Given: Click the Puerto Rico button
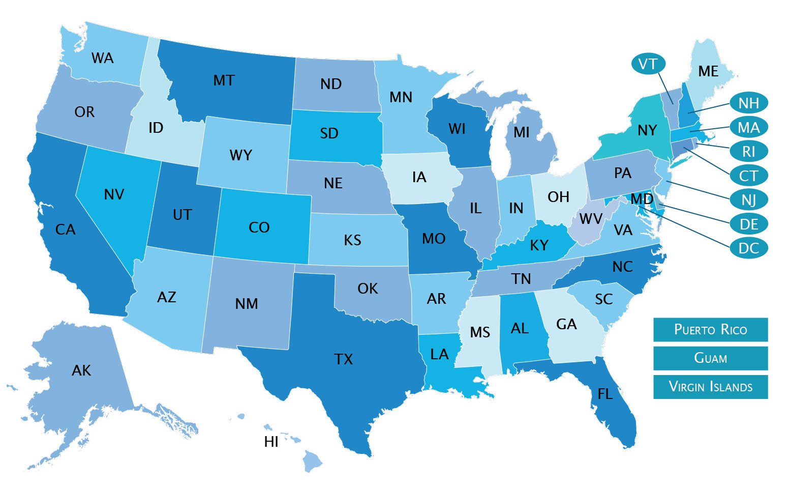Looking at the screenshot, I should click(x=710, y=330).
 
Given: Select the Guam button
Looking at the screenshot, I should click(x=710, y=358).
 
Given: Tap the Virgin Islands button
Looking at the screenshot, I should click(x=710, y=387).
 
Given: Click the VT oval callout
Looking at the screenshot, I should click(x=648, y=64).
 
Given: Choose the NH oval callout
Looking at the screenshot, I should click(x=748, y=103).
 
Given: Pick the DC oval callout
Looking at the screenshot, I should click(x=748, y=248).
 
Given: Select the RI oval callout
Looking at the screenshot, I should click(x=748, y=152).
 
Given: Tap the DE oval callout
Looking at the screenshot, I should click(x=748, y=224).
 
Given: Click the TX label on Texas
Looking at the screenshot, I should click(x=344, y=360).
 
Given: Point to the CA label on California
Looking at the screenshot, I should click(x=65, y=230).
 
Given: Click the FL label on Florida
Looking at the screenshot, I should click(x=605, y=394).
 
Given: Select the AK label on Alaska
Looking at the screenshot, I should click(x=81, y=370).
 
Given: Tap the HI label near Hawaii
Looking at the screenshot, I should click(x=271, y=442).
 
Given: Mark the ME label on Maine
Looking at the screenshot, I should click(x=708, y=71).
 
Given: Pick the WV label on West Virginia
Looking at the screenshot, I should click(x=591, y=219).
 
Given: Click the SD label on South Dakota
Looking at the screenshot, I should click(x=329, y=133).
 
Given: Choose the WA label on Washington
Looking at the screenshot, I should click(x=103, y=58).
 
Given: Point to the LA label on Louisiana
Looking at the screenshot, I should click(x=439, y=354).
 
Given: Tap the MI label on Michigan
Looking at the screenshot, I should click(x=521, y=132).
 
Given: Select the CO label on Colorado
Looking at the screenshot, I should click(x=259, y=227).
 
